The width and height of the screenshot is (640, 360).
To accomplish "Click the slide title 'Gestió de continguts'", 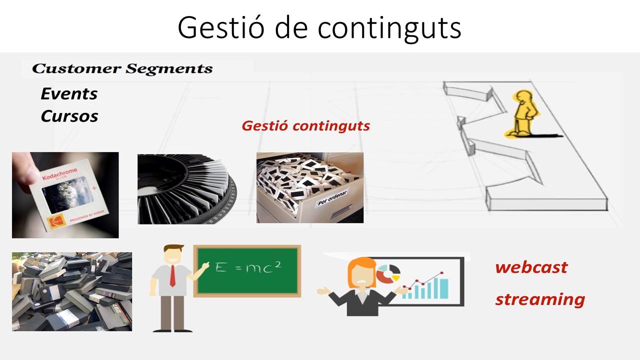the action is tap(319, 28).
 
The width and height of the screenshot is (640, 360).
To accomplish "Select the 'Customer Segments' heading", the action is tap(122, 69).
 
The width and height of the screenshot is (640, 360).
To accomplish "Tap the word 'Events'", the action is tap(69, 93).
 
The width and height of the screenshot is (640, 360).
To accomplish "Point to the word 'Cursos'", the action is tap(69, 116).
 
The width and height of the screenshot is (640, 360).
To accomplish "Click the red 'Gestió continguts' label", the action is tap(305, 126).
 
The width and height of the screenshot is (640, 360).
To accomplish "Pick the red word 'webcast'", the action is tap(531, 267).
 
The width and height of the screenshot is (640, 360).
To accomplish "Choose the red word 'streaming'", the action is tap(540, 299).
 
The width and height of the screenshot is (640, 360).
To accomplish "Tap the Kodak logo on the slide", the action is tap(55, 222).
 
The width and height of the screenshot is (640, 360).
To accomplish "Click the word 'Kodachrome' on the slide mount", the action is tap(59, 174).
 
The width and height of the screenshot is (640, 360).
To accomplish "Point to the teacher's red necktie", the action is tap(172, 276).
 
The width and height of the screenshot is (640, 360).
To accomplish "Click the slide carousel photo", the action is tap(187, 189).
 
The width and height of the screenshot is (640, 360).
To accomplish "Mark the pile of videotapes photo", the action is tap(72, 291).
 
